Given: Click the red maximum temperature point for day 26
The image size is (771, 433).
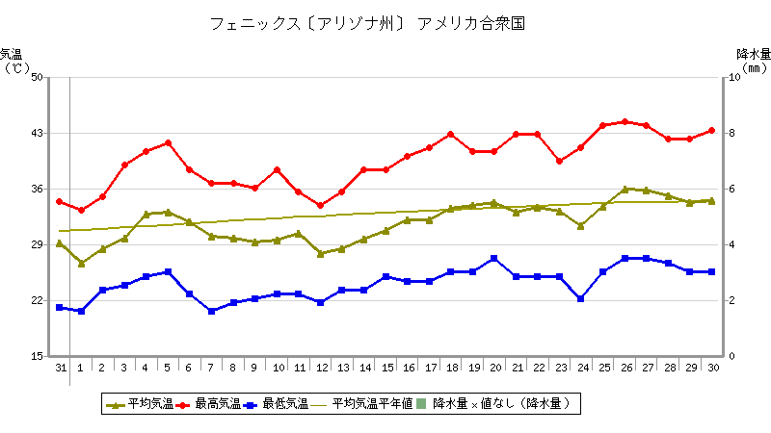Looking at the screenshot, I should click(625, 122).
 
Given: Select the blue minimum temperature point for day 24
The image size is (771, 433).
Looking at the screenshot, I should click(580, 298).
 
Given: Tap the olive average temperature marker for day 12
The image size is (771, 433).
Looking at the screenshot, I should click(320, 253).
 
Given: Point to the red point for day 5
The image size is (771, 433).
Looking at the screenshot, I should click(168, 142).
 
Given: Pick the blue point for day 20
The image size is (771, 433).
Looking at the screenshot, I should click(493, 258).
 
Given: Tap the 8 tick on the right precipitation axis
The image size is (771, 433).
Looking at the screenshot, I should click(733, 133).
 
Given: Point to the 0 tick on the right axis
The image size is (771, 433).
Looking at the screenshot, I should click(733, 356).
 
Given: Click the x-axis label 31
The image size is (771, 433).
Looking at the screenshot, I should click(60, 368).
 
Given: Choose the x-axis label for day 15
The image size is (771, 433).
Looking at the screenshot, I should click(385, 368).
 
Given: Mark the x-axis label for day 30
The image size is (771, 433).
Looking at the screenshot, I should click(711, 368).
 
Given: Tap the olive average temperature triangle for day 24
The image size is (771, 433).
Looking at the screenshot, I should click(580, 226).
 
